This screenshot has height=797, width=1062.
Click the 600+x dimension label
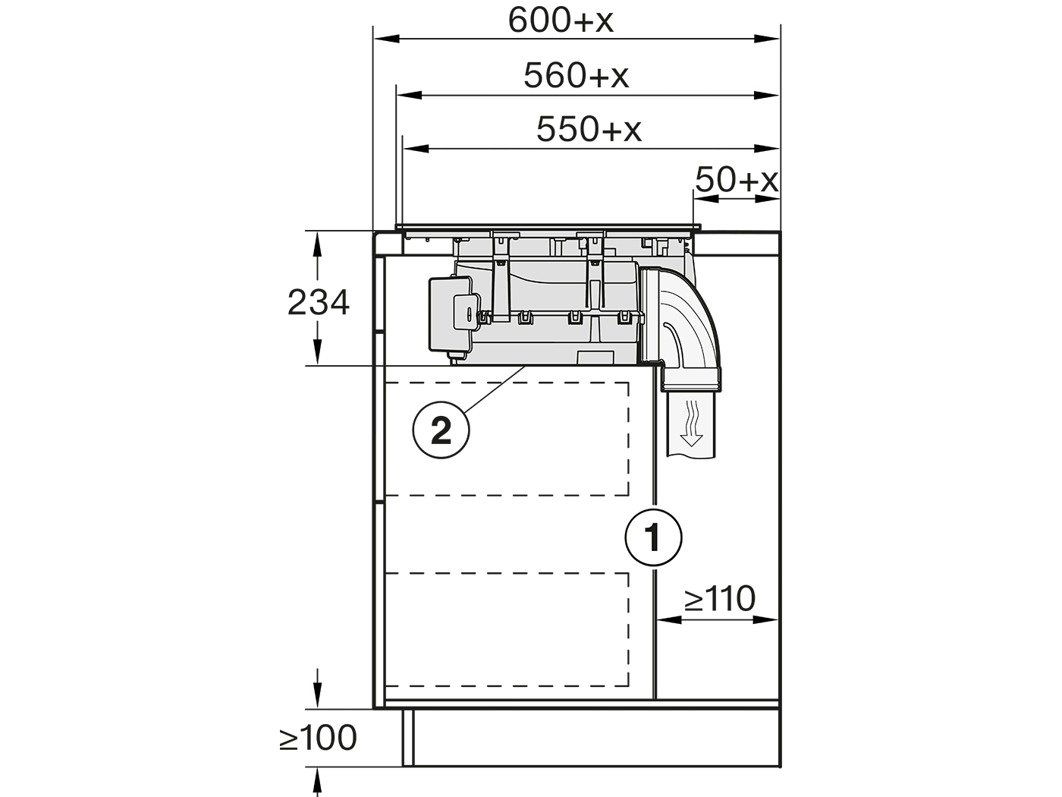click(561, 20)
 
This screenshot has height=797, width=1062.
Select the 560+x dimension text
click(576, 76)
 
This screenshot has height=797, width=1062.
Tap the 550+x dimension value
click(589, 130)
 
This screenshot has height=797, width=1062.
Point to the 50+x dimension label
click(737, 180)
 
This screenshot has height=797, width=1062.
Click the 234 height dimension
click(318, 303)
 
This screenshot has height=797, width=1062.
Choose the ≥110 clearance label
click(719, 599)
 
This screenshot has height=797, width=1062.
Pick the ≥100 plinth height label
click(318, 739)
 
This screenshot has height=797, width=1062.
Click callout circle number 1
click(653, 537)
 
